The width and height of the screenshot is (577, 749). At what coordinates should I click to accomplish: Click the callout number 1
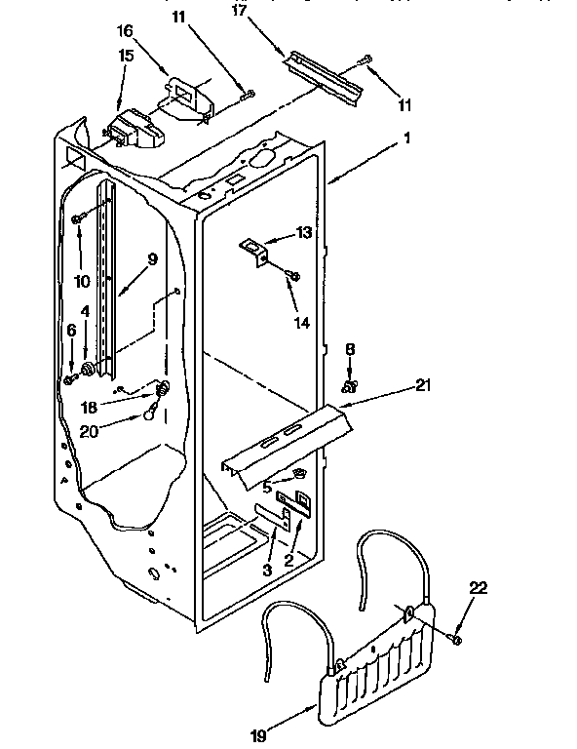pyautogui.click(x=405, y=139)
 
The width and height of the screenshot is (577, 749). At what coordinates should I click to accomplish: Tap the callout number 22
pyautogui.click(x=479, y=588)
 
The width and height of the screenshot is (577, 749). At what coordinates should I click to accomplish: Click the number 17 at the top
pyautogui.click(x=239, y=11)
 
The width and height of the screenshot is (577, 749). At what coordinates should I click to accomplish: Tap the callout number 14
pyautogui.click(x=301, y=323)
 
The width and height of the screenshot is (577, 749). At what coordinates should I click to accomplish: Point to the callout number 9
pyautogui.click(x=152, y=259)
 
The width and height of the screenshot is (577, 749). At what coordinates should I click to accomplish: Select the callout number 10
pyautogui.click(x=82, y=281)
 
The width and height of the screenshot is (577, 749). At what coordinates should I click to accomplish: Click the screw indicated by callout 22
pyautogui.click(x=454, y=638)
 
